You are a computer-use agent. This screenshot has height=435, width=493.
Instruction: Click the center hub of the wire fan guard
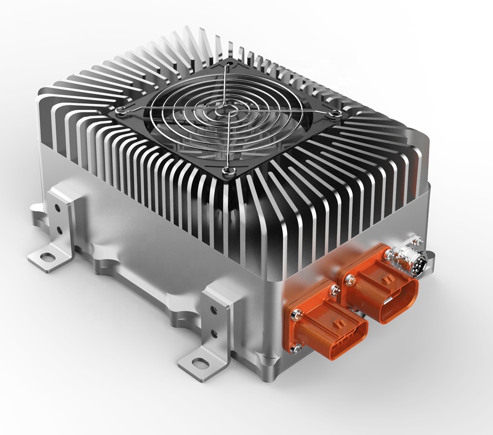click(224, 112)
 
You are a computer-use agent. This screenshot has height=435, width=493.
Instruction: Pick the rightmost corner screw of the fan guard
click(336, 112)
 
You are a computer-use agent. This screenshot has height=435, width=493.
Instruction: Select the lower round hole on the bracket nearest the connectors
click(214, 333)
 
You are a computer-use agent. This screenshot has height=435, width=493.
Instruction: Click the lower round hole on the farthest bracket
click(58, 231)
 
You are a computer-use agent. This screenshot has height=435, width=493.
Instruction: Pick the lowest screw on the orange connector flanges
click(297, 349)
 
